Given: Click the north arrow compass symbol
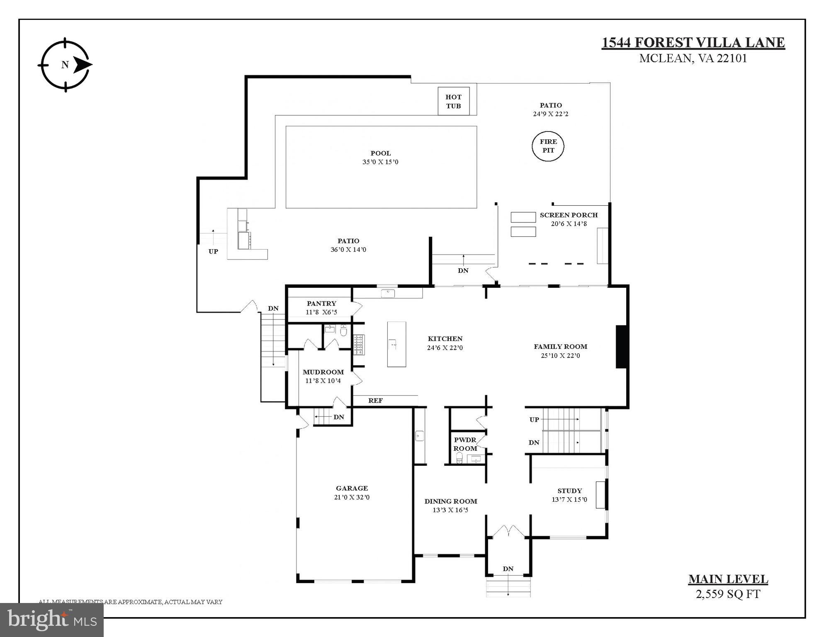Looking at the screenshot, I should pos(65,65).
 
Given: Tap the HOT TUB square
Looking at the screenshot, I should pos(453,101).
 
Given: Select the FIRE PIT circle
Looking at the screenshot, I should pos(548,146).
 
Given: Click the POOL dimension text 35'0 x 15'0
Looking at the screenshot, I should pos(380,162).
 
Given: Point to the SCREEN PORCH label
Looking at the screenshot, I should pos(569,215).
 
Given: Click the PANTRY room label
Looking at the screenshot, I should pos(321,304).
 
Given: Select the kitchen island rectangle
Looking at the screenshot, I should pos(396,344).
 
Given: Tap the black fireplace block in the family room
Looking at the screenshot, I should pos(621,347).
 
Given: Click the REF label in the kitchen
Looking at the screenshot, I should pos(375,401).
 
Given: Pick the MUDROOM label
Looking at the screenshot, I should pos(323,372).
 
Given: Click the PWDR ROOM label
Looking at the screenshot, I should pos(465,444).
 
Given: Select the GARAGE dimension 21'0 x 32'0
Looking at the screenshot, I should pos(352,497).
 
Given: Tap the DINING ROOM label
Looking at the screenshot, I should pos(451,501).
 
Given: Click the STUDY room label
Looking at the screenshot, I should pos(569,491).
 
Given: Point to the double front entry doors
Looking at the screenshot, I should pos(508,531).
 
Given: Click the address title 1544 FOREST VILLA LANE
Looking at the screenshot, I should pos(693,42).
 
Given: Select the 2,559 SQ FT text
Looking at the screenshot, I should pos(728,594).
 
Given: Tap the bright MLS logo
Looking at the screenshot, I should pos(52,620).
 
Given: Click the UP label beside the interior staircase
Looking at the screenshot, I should pos(534,420).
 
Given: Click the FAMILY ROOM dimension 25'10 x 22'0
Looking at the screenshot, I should pos(560,356).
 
